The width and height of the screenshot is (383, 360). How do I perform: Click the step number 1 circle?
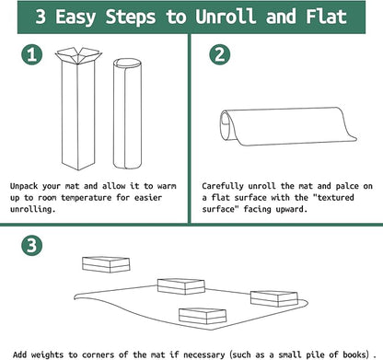click(32, 54)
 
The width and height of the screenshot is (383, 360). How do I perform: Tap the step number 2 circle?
click(220, 54)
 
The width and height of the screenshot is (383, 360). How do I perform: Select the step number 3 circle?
click(32, 246)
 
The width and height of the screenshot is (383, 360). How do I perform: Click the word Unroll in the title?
click(226, 17)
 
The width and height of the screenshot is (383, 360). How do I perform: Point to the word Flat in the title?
click(326, 17)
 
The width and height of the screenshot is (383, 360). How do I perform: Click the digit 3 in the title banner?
click(41, 17)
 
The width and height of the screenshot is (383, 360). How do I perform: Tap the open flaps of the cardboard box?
click(78, 55)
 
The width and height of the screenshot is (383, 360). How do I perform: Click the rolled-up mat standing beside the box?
click(127, 113)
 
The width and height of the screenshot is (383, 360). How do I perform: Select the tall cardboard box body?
click(78, 115)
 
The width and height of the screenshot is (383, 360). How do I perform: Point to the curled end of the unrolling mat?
click(226, 125)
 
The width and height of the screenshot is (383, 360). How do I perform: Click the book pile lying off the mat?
click(106, 264)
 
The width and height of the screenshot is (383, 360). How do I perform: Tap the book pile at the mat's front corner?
click(203, 316)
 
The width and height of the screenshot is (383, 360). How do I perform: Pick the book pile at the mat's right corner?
click(274, 298)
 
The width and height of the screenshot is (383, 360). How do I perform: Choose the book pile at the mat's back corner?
click(181, 286)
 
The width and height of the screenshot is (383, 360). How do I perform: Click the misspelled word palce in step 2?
click(347, 186)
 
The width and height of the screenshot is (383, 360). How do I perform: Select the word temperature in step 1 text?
click(86, 198)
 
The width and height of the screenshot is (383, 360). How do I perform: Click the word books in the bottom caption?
click(355, 354)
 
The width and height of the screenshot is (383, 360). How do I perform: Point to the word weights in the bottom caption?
click(47, 355)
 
